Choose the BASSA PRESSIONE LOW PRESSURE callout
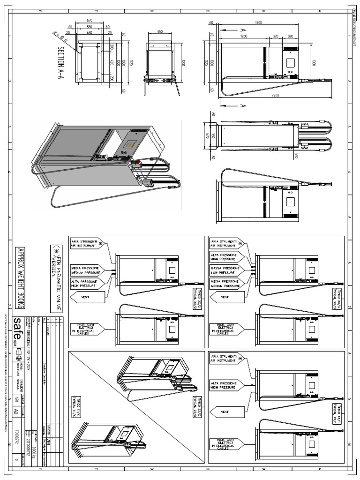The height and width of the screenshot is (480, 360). pos(227,270)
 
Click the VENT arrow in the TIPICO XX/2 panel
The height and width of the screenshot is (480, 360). pos(84,296)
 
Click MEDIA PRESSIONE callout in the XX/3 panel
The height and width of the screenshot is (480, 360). pos(227,284)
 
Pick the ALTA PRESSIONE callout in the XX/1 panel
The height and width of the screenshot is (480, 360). pos(227,385)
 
